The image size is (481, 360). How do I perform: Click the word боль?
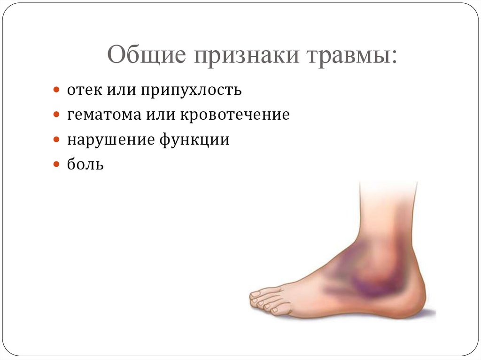click(85, 164)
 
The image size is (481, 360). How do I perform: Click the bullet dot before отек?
click(56, 89)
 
